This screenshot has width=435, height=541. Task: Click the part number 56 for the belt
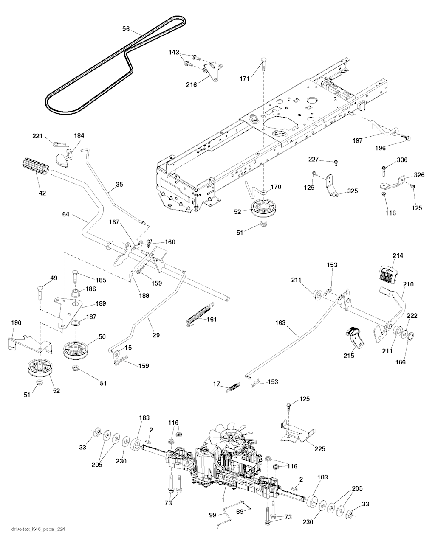pos(126,29)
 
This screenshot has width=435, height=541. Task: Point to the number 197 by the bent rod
pos(357,140)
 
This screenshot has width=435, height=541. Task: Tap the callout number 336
pos(401,160)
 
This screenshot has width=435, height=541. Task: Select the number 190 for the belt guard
pos(16,323)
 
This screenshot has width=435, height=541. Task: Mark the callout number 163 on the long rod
pos(280,323)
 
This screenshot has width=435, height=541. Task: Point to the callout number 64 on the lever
pos(66,215)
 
